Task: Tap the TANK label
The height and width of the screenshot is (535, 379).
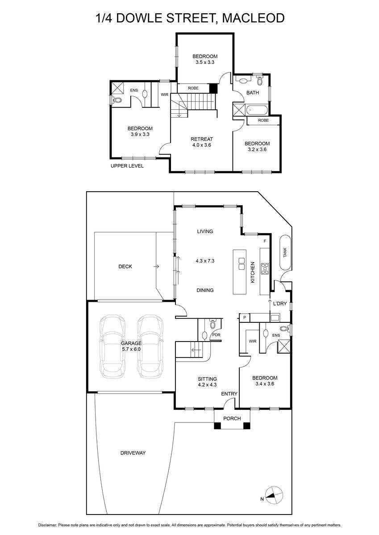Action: click(284, 252)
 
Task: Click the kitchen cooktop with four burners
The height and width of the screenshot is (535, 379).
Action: click(265, 269)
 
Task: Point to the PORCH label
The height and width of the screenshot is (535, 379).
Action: click(232, 418)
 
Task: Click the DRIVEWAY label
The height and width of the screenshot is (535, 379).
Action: click(133, 453)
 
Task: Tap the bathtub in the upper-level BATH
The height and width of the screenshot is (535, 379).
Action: click(257, 110)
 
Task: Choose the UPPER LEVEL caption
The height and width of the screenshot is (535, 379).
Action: click(127, 166)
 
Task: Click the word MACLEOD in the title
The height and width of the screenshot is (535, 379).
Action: click(254, 18)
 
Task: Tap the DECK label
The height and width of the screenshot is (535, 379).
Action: click(125, 266)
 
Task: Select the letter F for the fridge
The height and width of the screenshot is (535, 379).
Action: click(265, 241)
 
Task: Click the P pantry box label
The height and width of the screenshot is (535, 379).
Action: click(245, 317)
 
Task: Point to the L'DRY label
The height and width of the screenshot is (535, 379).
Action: click(280, 304)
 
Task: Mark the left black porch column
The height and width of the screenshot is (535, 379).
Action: click(217, 426)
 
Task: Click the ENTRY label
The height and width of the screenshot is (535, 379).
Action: click(229, 394)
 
